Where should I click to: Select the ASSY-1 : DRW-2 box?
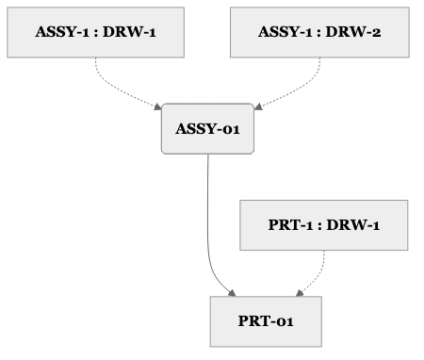click(x=319, y=31)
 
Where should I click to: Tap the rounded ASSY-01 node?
click(x=208, y=128)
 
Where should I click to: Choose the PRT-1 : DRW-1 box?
click(x=324, y=225)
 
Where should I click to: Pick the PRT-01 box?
click(x=266, y=321)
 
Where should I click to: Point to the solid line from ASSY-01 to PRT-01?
click(x=207, y=226)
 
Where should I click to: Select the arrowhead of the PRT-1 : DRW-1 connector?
click(x=300, y=292)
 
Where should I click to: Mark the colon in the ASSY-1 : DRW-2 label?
click(x=320, y=32)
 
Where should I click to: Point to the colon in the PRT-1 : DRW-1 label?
click(x=321, y=226)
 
